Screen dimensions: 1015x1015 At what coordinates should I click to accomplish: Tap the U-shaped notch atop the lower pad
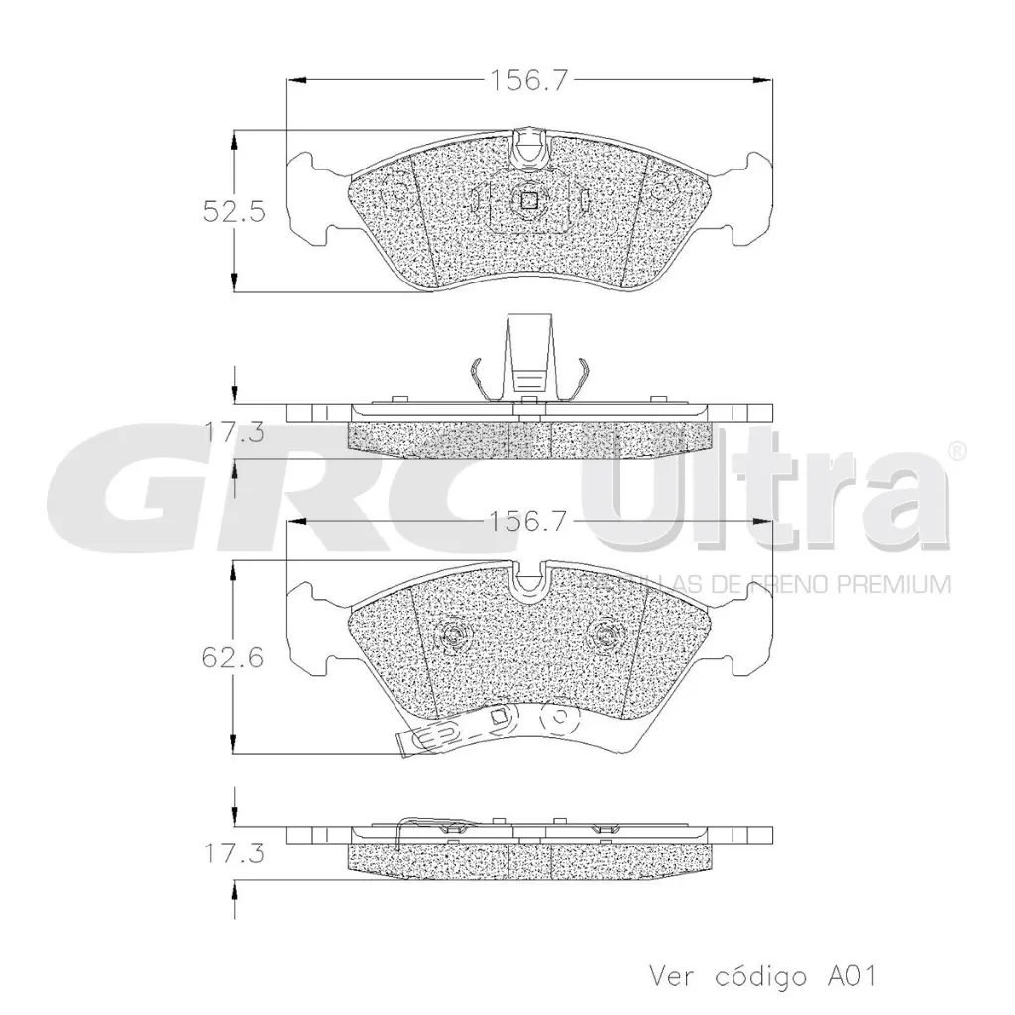point(529,577)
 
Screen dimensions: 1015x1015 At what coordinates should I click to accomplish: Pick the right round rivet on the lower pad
point(603,636)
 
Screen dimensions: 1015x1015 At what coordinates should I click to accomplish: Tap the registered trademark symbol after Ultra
point(958,451)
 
